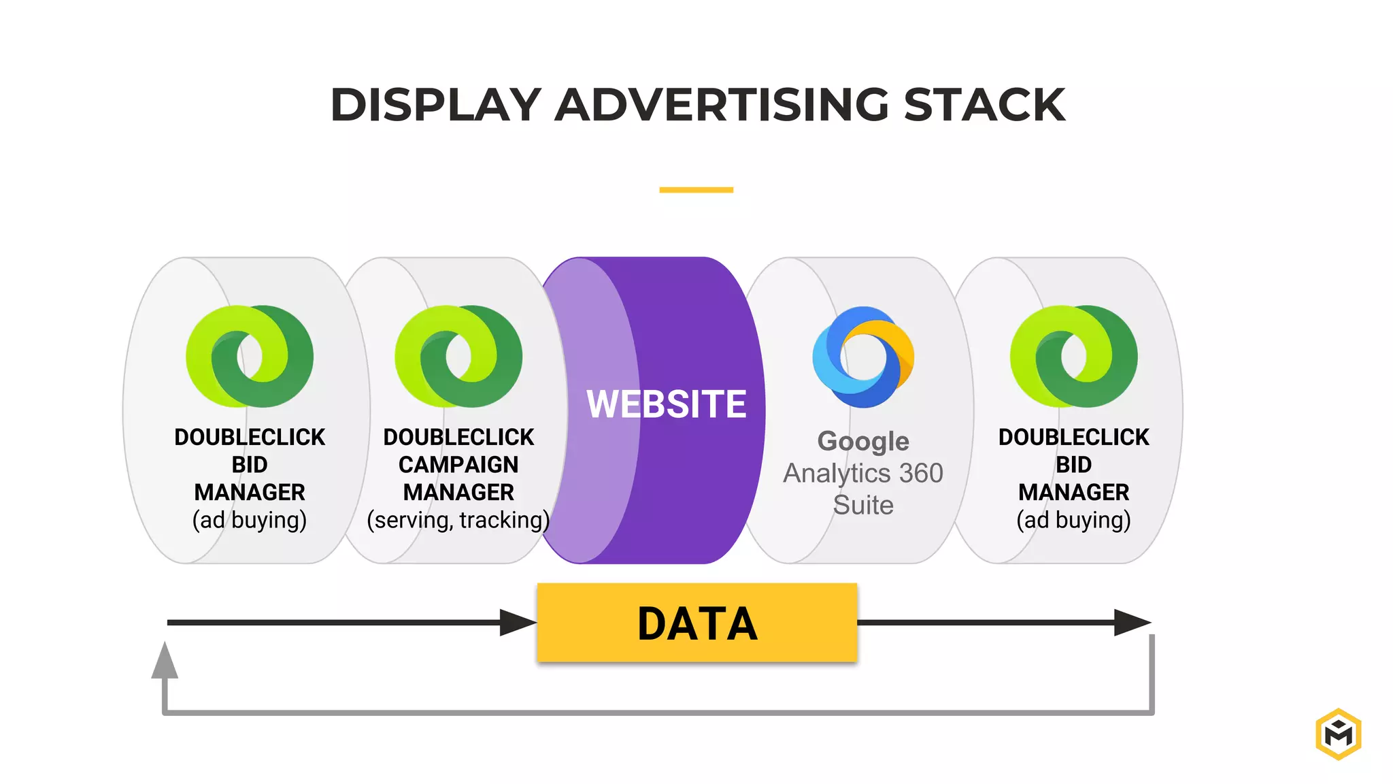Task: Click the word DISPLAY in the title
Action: [x=435, y=105]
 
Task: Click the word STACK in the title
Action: [x=984, y=105]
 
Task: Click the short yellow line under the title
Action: [x=696, y=190]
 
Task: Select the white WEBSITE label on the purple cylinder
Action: [x=666, y=404]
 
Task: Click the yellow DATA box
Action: [x=696, y=623]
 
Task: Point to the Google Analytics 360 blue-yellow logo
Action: [x=863, y=357]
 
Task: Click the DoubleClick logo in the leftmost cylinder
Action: [x=250, y=357]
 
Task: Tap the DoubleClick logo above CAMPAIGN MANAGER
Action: [x=458, y=357]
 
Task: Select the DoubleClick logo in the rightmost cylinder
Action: [x=1073, y=357]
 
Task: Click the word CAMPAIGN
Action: [x=458, y=465]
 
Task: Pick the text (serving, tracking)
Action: [x=458, y=520]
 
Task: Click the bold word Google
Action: [x=863, y=442]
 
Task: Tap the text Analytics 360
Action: [x=863, y=474]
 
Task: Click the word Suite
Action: [x=863, y=505]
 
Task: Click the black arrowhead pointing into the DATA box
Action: [x=517, y=623]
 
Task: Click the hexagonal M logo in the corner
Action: [x=1338, y=734]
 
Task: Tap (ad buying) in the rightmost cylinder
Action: [x=1073, y=520]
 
